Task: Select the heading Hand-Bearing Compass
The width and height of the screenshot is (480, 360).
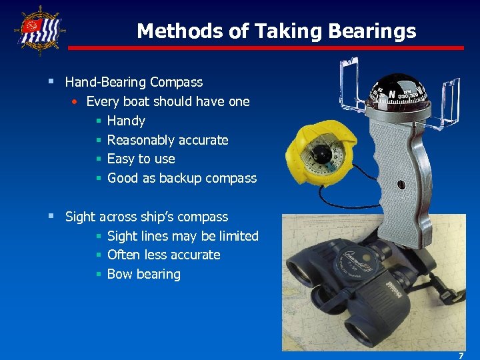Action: coord(133,83)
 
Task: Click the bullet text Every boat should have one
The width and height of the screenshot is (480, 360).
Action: coord(168,102)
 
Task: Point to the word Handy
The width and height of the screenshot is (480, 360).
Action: coord(126,121)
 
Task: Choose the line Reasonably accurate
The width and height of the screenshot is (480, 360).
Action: coord(167,140)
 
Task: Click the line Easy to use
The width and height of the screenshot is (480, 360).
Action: coord(141,159)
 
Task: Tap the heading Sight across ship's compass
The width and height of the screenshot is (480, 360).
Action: coord(146,217)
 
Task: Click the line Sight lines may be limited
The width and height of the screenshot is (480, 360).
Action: coord(182,236)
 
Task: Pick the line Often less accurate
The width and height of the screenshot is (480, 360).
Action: coord(163,255)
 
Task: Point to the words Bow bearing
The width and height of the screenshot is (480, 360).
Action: coord(143,274)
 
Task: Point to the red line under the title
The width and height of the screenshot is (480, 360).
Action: coord(266,48)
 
